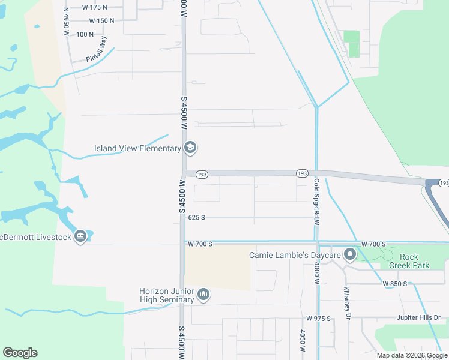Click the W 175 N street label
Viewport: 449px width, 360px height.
94,7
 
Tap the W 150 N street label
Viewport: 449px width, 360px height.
101,20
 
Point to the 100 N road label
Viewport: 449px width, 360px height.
85,34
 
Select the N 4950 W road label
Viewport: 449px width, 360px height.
66,22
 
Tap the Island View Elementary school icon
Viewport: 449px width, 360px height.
190,148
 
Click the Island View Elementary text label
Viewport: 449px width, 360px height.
137,148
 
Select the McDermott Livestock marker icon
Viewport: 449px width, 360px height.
80,236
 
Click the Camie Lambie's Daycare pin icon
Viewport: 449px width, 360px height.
350,256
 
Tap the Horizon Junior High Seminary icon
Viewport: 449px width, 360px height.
203,295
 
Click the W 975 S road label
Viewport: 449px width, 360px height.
318,318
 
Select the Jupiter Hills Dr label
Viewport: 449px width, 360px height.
418,317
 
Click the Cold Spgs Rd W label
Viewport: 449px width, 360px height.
316,197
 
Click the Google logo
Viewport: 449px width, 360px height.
20,353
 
